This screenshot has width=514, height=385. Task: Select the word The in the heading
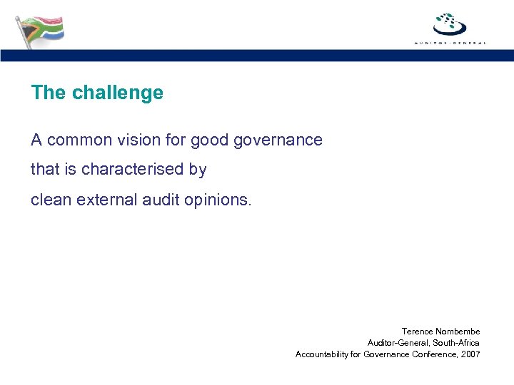[47, 93]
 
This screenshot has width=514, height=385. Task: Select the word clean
[49, 200]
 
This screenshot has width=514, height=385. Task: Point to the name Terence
[417, 332]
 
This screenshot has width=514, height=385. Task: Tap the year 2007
[470, 354]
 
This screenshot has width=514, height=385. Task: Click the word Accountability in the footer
[322, 354]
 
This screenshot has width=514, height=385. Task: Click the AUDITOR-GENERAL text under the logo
[450, 43]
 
